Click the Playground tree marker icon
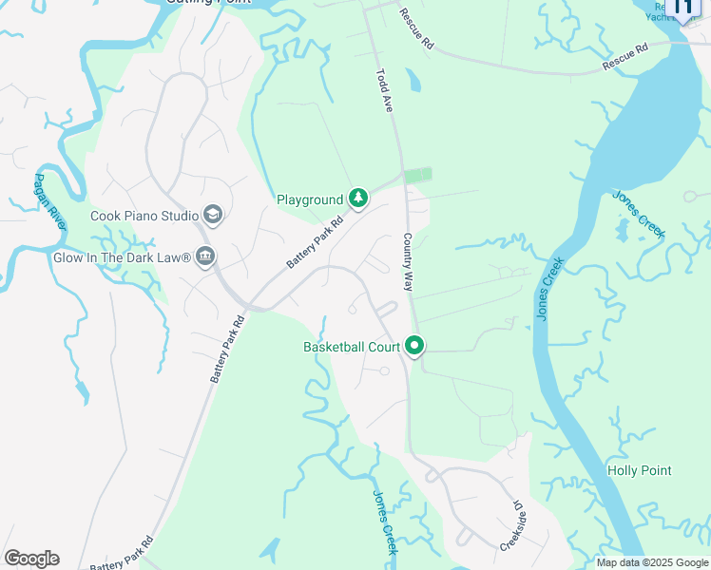pyautogui.click(x=358, y=199)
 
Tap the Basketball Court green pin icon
pyautogui.click(x=414, y=347)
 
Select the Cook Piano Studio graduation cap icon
pyautogui.click(x=212, y=216)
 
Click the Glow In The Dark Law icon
pyautogui.click(x=205, y=256)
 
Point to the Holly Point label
pyautogui.click(x=639, y=470)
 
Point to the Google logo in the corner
pyautogui.click(x=31, y=559)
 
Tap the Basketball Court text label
pyautogui.click(x=352, y=347)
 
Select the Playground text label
pyautogui.click(x=309, y=199)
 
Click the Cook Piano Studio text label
pyautogui.click(x=144, y=216)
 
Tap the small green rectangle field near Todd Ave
pyautogui.click(x=417, y=176)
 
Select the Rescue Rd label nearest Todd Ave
pyautogui.click(x=417, y=29)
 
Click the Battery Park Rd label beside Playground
pyautogui.click(x=315, y=245)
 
